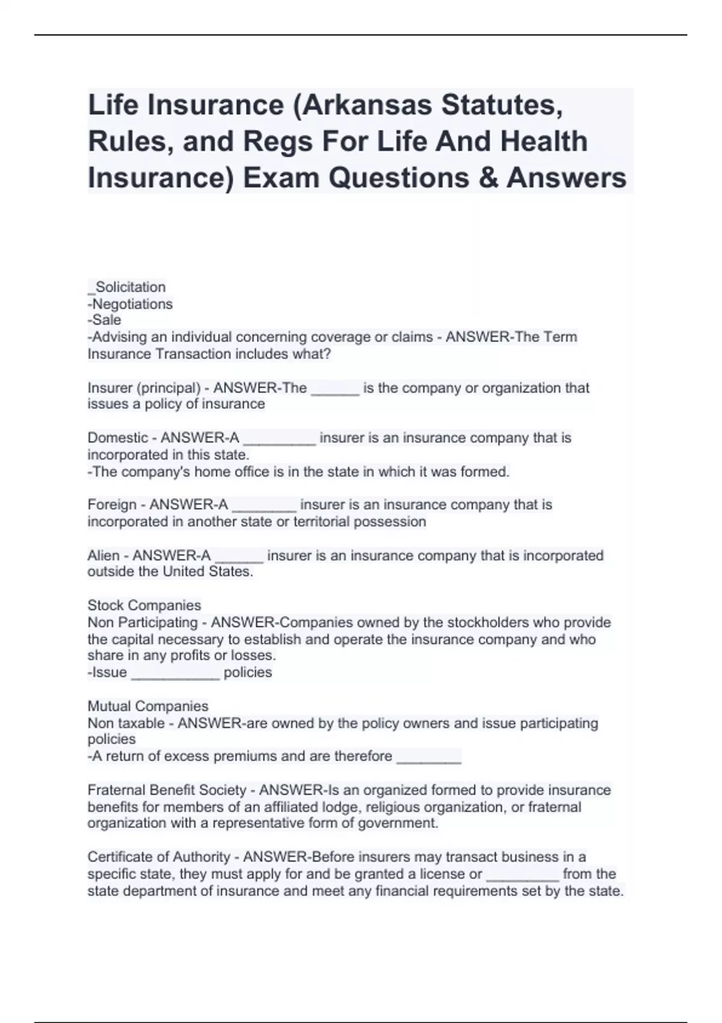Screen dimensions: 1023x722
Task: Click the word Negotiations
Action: pos(132,304)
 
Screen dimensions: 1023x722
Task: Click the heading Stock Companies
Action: pos(144,605)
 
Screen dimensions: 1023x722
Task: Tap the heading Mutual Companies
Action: pos(148,706)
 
